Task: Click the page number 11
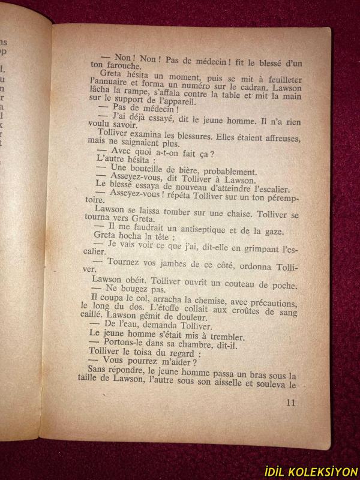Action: click(291, 403)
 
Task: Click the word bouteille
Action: click(150, 171)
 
